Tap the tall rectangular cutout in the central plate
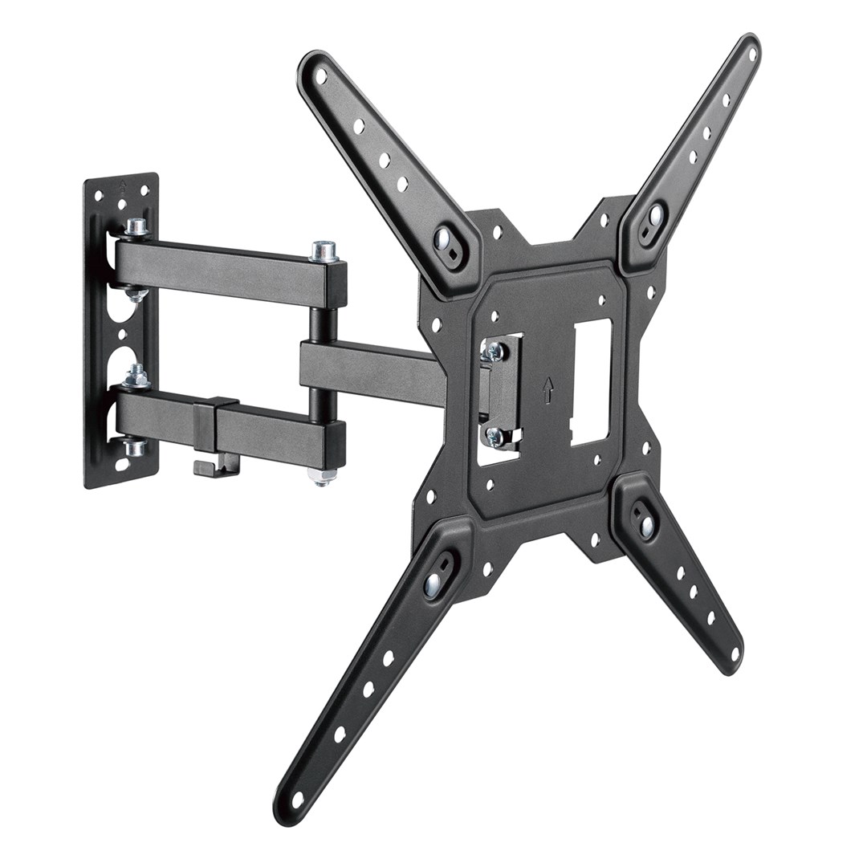click(591, 382)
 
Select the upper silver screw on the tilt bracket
click(494, 351)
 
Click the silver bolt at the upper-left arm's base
click(442, 238)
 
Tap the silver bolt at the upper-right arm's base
click(654, 216)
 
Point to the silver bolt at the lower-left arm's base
click(433, 584)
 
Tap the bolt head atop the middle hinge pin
click(324, 251)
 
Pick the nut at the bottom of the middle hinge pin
click(324, 477)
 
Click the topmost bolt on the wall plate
click(136, 227)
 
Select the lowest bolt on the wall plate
click(135, 447)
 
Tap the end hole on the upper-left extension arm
click(321, 77)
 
